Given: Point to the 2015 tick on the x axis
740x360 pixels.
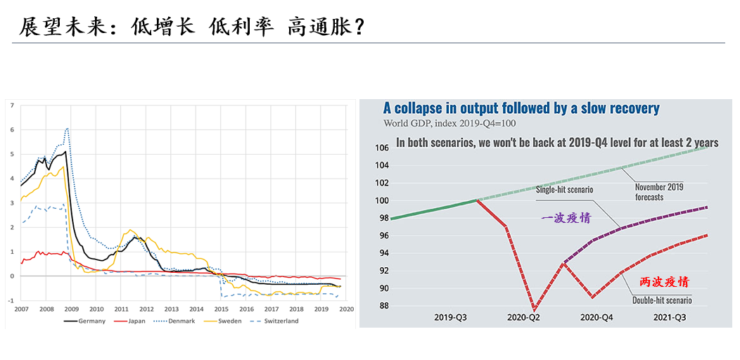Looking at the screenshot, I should point(221,308).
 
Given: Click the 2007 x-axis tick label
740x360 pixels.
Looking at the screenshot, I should point(22,308).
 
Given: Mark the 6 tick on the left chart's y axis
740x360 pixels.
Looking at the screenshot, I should point(11,130).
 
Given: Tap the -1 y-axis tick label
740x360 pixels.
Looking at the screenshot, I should point(11,300).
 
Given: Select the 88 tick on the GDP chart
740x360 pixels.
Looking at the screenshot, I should point(383,305).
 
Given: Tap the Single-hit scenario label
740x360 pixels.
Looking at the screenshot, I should point(564,190).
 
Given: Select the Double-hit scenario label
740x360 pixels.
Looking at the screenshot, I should point(662,301).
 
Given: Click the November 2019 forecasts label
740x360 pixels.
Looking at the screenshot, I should point(658,192).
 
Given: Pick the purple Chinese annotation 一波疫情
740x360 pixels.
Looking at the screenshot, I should point(566,218).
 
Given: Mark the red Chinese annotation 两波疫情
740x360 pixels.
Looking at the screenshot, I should point(663,281).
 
